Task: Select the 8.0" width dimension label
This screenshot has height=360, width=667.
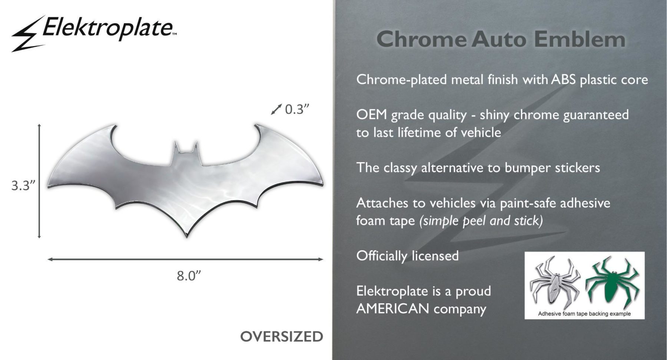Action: point(189,276)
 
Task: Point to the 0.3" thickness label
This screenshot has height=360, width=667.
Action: point(297,109)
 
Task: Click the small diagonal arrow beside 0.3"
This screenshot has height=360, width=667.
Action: point(276,109)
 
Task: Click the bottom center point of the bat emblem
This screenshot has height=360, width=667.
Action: point(186,236)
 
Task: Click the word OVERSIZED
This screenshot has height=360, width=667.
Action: point(282,337)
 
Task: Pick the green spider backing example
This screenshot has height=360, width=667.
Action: point(612,282)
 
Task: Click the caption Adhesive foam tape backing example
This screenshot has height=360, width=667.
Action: point(584,314)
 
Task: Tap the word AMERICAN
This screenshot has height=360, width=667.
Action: point(393,308)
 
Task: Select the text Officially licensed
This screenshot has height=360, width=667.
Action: point(408,256)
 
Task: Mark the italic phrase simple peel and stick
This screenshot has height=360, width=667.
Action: point(481,221)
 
